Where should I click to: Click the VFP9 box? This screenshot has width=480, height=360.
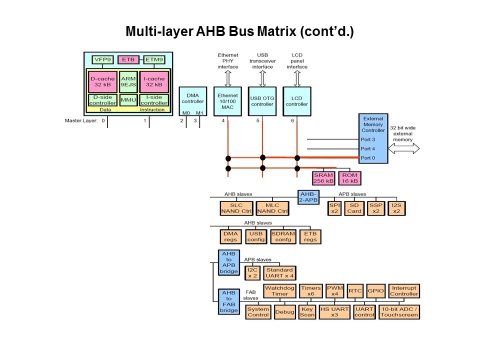[x=101, y=60]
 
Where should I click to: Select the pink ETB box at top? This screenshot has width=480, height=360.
[x=127, y=60]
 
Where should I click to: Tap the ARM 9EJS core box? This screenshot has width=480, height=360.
[x=128, y=81]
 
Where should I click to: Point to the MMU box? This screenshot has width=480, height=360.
[x=128, y=100]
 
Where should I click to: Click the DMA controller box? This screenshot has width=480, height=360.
[x=192, y=101]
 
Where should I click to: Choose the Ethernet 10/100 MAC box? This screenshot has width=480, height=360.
[x=227, y=101]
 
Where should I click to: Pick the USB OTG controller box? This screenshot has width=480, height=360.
[x=262, y=101]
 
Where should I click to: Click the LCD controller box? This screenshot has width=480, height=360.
[x=297, y=101]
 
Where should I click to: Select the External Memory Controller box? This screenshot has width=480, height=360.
[x=373, y=138]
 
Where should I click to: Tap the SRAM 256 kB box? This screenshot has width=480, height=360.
[x=323, y=178]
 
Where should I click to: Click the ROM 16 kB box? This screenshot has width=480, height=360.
[x=349, y=178]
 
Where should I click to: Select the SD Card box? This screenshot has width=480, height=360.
[x=354, y=208]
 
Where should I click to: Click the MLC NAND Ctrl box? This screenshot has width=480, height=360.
[x=272, y=208]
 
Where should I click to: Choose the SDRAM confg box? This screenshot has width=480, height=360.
[x=283, y=236]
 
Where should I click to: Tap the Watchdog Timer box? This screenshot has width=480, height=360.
[x=276, y=290]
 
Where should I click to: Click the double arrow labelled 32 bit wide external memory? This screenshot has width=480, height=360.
[x=404, y=149]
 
